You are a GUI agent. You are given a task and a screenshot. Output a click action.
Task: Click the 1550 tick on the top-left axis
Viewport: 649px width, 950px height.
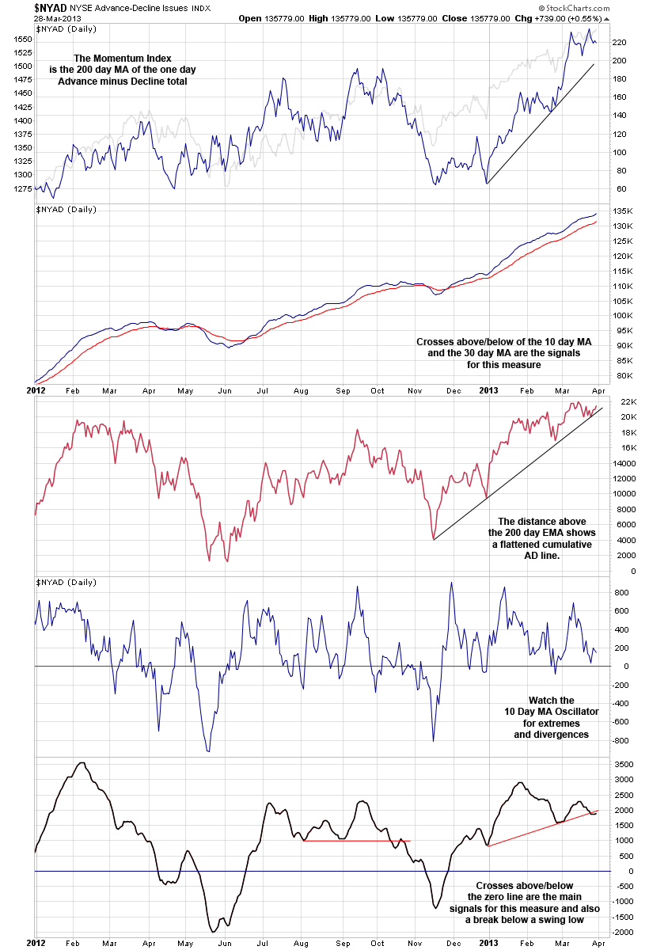coord(23,39)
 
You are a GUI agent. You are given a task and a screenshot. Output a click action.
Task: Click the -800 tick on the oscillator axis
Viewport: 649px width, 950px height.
coord(621,741)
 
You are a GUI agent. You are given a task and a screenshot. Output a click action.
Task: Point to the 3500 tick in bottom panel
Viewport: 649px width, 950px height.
coord(623,765)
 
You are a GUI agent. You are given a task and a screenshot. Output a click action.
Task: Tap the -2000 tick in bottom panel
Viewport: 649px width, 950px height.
coord(622,932)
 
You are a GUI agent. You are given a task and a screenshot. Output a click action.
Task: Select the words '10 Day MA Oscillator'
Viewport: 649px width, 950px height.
coord(551,712)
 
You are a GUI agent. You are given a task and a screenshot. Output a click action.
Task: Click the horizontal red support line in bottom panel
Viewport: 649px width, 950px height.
coord(356,840)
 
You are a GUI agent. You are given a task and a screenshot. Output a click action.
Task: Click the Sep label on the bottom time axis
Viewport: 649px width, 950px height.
coord(343,944)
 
